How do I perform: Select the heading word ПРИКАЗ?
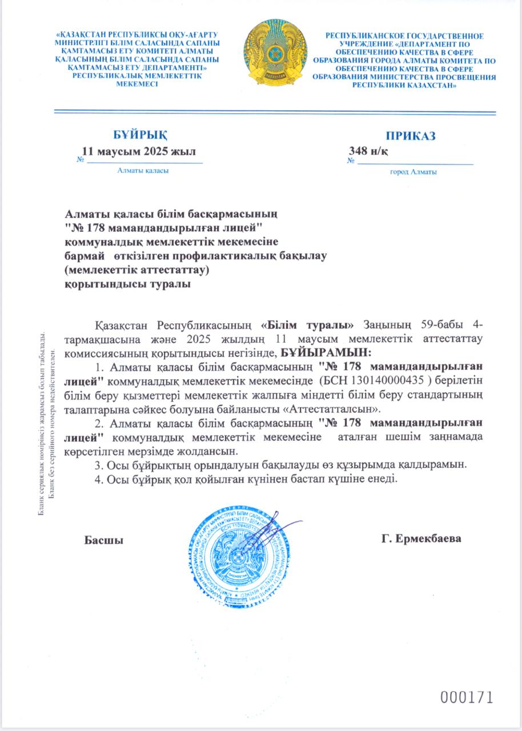point(410,136)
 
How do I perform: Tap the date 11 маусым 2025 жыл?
point(139,151)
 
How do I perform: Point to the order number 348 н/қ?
point(369,151)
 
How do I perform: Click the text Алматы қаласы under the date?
point(143,170)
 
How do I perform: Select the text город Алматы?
point(413,172)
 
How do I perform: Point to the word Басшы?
point(104,540)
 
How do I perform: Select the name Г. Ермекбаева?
point(420,539)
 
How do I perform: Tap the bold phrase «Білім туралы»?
point(312,326)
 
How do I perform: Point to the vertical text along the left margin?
point(46,422)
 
